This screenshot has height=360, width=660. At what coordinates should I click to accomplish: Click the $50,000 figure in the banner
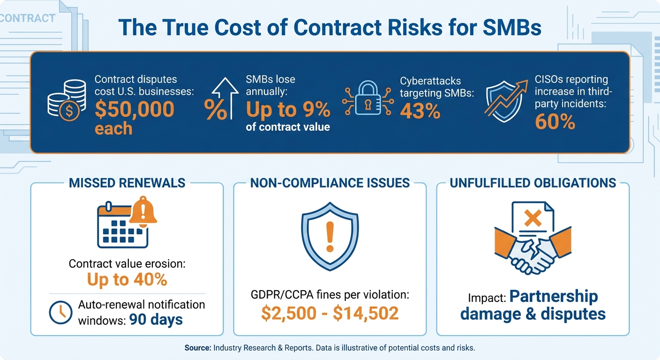[x=135, y=109]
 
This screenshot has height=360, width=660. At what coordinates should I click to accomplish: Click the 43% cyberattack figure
[x=420, y=111]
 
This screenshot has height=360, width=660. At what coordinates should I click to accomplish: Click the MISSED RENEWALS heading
[x=127, y=183]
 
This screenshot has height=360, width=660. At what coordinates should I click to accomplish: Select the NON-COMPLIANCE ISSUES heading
[x=330, y=183]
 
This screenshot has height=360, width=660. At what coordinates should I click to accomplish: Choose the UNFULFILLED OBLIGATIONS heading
[x=533, y=183]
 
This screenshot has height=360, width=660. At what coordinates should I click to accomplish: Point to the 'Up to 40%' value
[x=127, y=279]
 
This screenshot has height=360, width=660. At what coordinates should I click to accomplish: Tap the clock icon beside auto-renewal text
[x=60, y=313]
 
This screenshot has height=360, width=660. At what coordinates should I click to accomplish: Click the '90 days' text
[x=156, y=320]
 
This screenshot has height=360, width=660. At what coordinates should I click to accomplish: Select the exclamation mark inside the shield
[x=330, y=236]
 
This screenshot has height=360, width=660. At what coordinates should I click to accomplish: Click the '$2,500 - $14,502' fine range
[x=330, y=314]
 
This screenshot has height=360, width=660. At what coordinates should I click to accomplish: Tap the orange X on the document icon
[x=533, y=217]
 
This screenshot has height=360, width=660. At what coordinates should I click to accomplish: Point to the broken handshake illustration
[x=533, y=253]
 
